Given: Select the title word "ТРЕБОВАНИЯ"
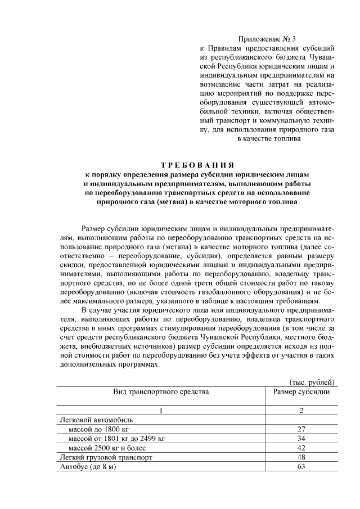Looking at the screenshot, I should point(197,165).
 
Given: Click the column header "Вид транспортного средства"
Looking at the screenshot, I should point(161,391).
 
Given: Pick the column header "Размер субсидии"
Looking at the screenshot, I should point(301,391).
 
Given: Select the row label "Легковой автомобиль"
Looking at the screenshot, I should point(96,420).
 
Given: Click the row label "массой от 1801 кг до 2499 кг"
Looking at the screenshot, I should point(116,439).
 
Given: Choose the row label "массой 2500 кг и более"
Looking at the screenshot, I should point(107,448).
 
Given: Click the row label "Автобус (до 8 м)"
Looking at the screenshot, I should point(87,467).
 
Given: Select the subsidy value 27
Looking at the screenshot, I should point(301,429).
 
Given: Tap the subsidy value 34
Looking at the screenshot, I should point(301,439).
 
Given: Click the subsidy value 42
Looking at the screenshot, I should point(301,448).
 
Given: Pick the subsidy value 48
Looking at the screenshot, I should point(301,458).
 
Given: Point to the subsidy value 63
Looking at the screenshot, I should point(301,467).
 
